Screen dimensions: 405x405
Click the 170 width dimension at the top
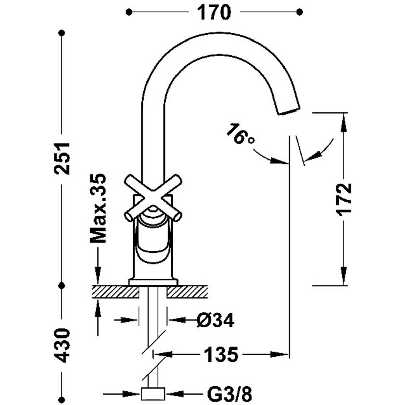coord(214,13)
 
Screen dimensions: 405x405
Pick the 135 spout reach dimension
coord(221,354)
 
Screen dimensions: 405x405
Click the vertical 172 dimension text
coord(344,200)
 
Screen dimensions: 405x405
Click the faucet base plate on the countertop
coord(153,282)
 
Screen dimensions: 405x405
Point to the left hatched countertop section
coord(115,292)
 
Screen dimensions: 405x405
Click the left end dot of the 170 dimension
coord(129,12)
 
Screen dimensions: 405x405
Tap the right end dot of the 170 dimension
coord(300,12)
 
